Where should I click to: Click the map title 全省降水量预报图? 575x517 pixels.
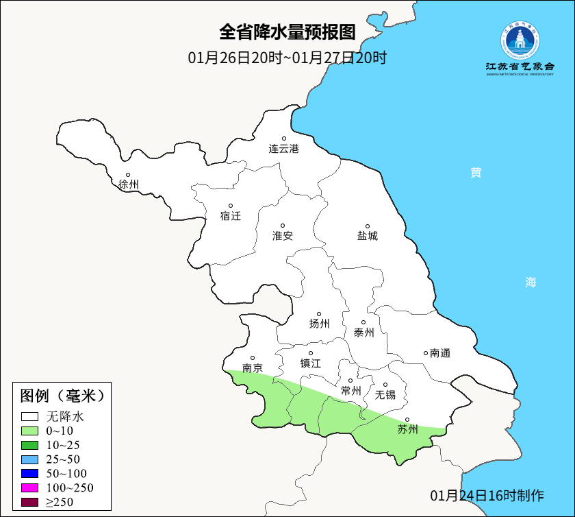point(287,32)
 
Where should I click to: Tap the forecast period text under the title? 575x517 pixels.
point(287,58)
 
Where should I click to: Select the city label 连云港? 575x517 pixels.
point(284,148)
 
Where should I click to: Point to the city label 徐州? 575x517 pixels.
point(128,184)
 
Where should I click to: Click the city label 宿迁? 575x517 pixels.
point(231,216)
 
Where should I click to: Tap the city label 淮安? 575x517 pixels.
point(283,236)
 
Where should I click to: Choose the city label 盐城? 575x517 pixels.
point(368,236)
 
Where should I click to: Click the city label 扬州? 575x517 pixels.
point(319,324)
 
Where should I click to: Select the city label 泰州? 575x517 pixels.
point(364,333)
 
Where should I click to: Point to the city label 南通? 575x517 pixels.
point(440,353)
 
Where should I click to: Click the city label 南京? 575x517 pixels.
point(253,368)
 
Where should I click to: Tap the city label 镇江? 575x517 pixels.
point(311,363)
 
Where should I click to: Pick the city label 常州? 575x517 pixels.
point(350,391)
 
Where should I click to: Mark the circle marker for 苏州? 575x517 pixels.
point(407,420)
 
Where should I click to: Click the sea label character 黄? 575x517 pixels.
point(475,173)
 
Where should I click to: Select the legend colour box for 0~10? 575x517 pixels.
point(29,431)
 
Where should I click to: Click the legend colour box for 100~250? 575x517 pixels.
point(29,488)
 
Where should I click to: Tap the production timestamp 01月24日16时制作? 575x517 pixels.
point(487,495)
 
